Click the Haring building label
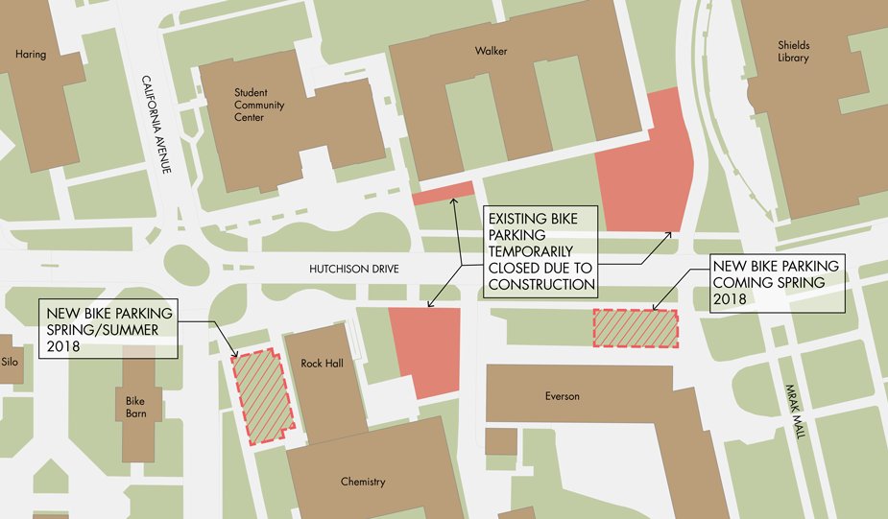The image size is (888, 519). [31, 55]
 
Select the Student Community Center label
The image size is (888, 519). [259, 105]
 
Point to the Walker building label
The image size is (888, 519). [492, 51]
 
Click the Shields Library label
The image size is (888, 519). [793, 52]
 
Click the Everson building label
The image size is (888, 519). [563, 396]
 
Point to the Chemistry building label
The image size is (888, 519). [362, 482]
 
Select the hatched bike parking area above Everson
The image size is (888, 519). [636, 329]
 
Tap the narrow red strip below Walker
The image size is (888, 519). [443, 193]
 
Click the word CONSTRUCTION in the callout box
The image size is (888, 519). [541, 285]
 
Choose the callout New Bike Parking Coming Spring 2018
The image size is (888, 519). [775, 282]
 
